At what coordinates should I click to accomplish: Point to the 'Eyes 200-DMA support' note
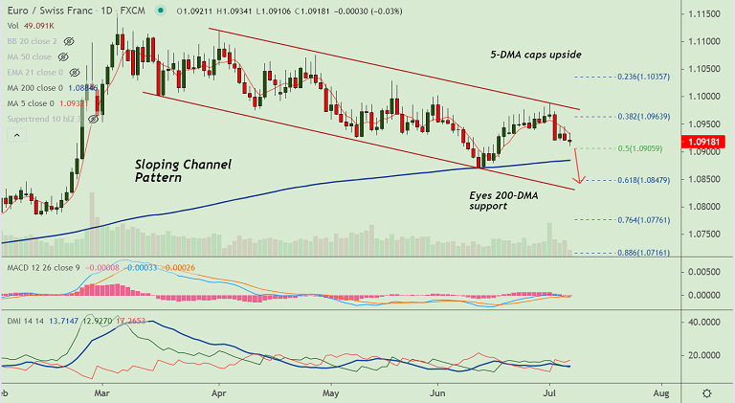click(x=512, y=199)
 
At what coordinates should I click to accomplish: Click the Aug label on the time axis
click(x=661, y=392)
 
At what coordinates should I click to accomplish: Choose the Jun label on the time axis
click(x=441, y=392)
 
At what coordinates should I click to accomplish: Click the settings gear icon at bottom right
click(x=706, y=392)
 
